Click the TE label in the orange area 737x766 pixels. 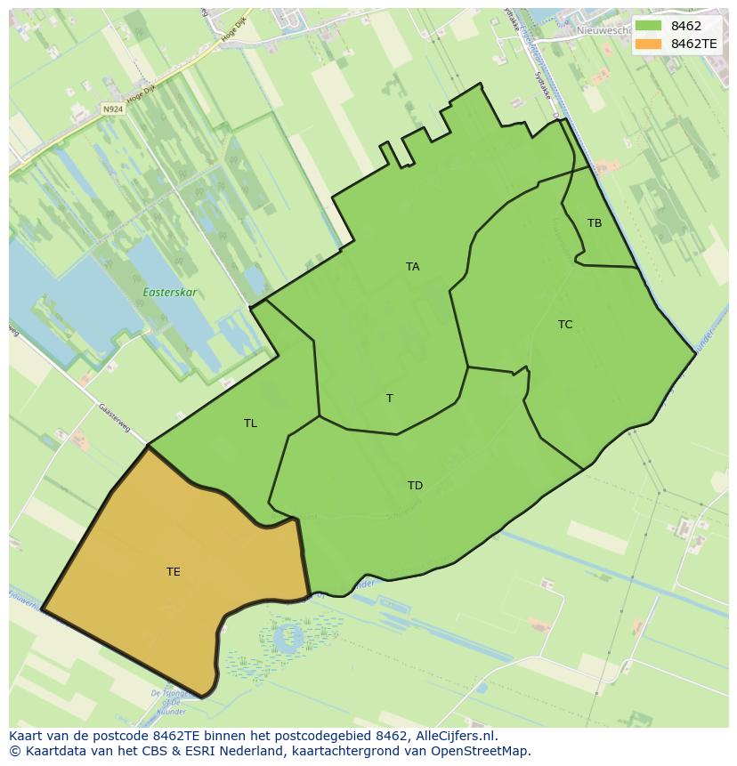pos(174,572)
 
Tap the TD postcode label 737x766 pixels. pos(415,486)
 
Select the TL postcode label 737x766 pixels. pos(250,423)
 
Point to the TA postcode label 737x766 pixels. pos(412,267)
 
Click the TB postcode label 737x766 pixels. pos(595,223)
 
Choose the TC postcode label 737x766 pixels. pos(565,325)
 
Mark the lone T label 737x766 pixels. pos(389,399)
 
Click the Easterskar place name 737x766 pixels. pos(170,293)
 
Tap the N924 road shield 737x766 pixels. pos(112,109)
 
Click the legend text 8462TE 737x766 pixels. pos(693,44)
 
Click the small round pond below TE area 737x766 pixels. pos(290,637)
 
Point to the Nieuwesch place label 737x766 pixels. pos(603,30)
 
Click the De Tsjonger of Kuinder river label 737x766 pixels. pos(168,701)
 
